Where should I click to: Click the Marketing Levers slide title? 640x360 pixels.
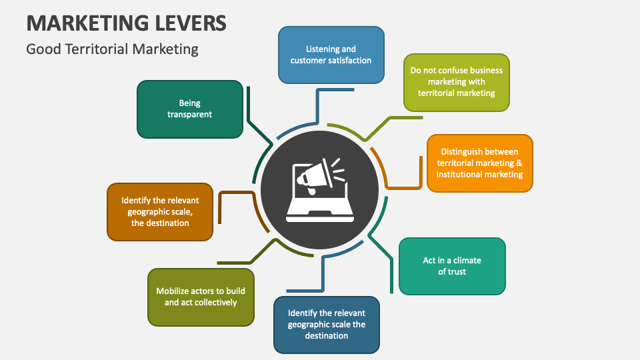(x=126, y=23)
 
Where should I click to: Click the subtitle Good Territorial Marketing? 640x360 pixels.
(x=112, y=49)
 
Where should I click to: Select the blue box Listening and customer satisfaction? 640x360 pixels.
(x=331, y=55)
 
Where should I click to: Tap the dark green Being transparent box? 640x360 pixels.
(x=189, y=109)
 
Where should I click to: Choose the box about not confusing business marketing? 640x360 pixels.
(x=456, y=82)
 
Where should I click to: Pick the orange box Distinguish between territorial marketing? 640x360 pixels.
(x=479, y=163)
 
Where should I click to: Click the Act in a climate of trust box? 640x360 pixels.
(x=452, y=266)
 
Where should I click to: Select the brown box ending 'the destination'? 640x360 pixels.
(x=160, y=211)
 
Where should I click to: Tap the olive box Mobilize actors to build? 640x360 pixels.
(x=201, y=297)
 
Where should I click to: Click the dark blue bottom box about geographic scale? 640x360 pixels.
(x=327, y=324)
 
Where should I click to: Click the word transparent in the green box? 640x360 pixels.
(x=189, y=114)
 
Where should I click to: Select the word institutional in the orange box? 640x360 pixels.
(x=460, y=174)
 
